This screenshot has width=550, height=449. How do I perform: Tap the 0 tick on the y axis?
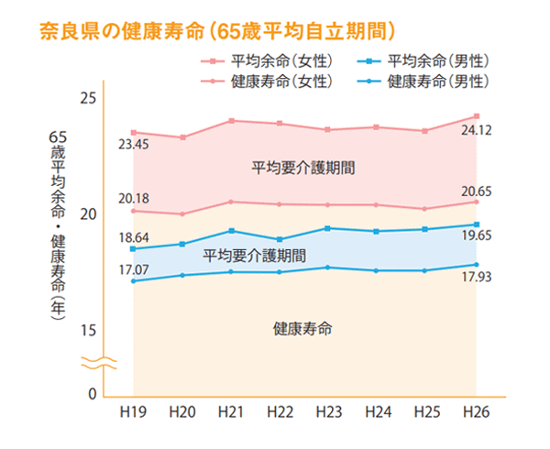(x=92, y=395)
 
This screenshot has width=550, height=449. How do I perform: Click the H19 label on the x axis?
(x=133, y=414)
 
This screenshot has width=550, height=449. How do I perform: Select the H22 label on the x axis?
(x=280, y=414)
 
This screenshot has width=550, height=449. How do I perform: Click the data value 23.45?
(x=134, y=145)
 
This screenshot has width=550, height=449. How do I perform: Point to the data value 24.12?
(x=477, y=131)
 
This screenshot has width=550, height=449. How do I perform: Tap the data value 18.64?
(x=134, y=236)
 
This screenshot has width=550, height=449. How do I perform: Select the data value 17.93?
(x=477, y=276)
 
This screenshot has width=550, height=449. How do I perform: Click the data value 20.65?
(x=477, y=190)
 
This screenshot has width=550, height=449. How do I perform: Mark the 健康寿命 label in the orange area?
(x=302, y=328)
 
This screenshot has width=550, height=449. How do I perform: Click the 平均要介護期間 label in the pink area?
(x=302, y=169)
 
